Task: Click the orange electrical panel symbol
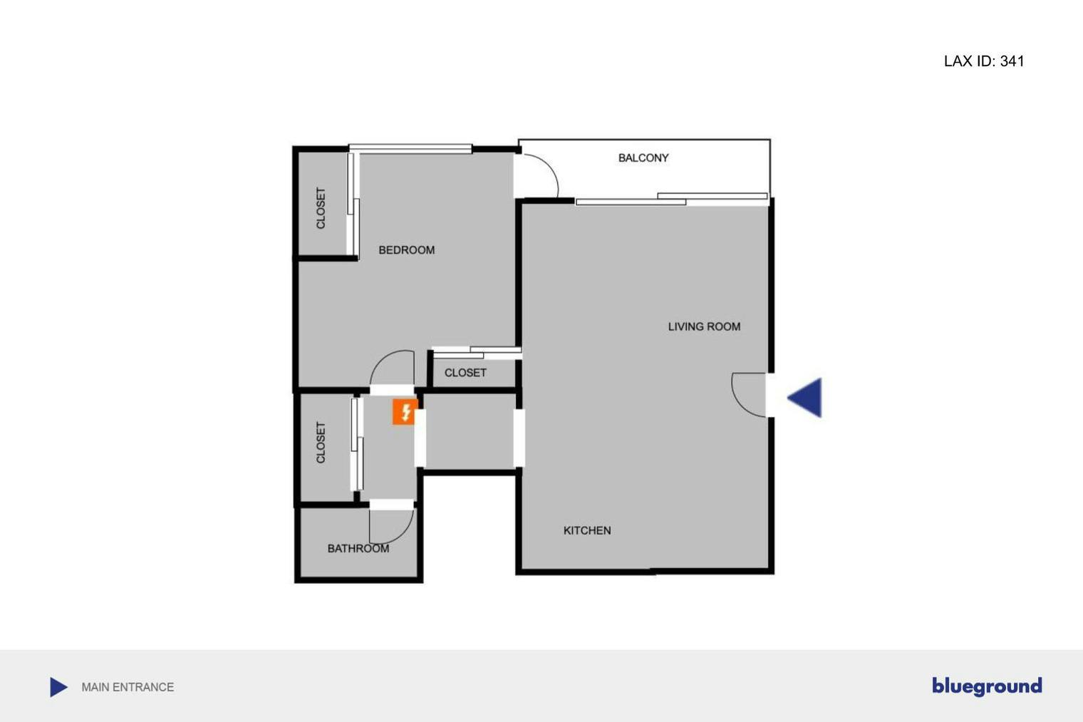405,412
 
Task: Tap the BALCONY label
643,158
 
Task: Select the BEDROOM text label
406,250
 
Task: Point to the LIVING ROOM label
704,326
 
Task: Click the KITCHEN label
587,530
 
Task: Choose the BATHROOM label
358,548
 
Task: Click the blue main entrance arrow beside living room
806,397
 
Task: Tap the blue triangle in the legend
58,687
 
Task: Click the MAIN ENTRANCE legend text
128,687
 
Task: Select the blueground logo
987,686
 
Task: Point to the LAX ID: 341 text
984,61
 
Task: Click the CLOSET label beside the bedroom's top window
321,208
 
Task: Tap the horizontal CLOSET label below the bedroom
465,373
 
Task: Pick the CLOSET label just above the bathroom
321,443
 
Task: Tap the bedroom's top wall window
410,149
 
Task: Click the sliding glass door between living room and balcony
671,199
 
